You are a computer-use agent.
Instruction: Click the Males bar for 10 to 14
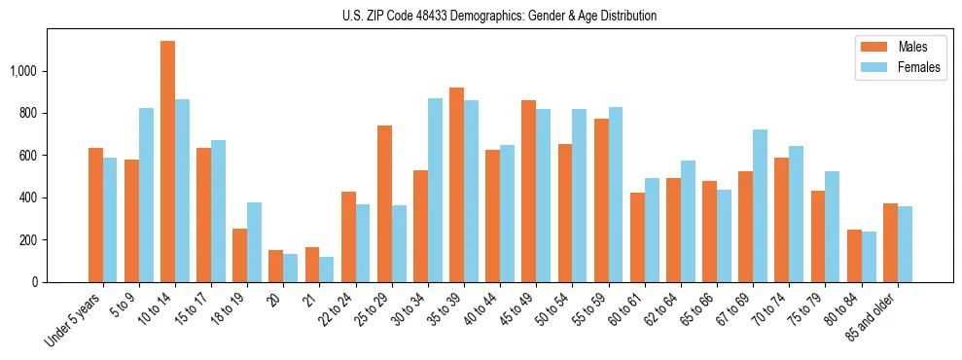pos(167,162)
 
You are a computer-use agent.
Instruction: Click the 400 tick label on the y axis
pos(31,198)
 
